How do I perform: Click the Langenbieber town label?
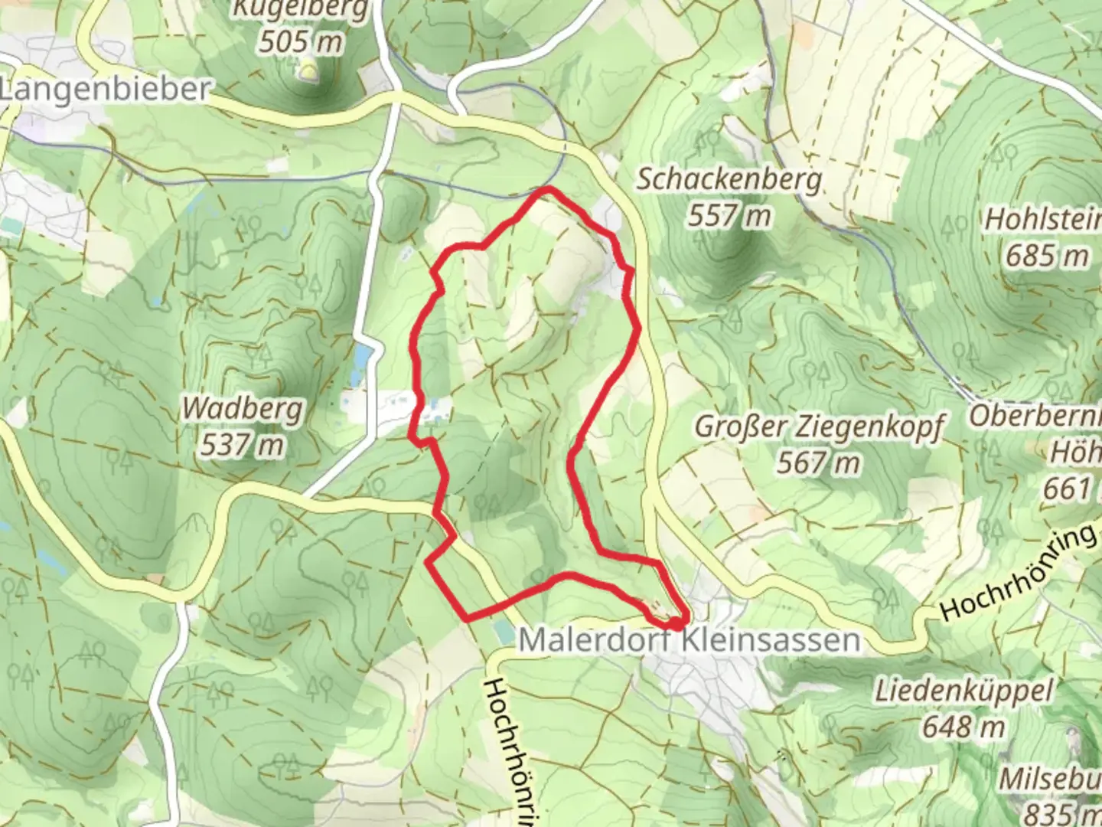pos(105,90)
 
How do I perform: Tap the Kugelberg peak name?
pos(300,10)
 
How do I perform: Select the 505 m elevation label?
pos(300,41)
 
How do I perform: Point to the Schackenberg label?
pos(729,180)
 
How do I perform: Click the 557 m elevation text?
pos(729,216)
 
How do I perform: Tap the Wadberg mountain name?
pos(243,409)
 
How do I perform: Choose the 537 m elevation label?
pos(242,444)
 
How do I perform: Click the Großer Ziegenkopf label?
pos(820,427)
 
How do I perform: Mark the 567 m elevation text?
pos(818,463)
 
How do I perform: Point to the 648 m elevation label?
pos(963,726)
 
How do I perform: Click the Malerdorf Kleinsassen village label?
pos(689,639)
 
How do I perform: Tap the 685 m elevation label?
pos(1046,255)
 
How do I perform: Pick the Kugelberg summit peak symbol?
pos(308,72)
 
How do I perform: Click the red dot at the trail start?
pos(678,623)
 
